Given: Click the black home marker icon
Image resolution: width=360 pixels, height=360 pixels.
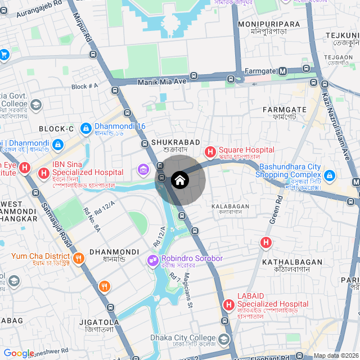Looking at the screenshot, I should (x=179, y=180).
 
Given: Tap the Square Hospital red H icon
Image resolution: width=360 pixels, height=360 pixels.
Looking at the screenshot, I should (x=210, y=152).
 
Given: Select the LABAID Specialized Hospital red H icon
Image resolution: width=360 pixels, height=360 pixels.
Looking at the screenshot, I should (x=229, y=305).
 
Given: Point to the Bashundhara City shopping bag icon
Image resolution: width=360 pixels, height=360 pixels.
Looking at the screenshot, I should (x=330, y=176).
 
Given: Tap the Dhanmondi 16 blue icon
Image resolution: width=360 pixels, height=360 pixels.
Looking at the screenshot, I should (x=85, y=129).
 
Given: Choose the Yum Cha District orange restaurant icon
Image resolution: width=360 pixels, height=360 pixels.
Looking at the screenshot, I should (x=78, y=259).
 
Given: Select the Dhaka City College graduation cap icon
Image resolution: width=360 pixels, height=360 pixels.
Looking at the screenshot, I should (x=224, y=340).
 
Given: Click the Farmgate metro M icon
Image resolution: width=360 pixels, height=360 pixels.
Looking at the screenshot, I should (x=283, y=71).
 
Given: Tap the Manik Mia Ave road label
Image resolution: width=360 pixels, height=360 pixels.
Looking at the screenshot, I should (x=161, y=82).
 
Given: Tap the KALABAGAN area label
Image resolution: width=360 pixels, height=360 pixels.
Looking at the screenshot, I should (x=230, y=206).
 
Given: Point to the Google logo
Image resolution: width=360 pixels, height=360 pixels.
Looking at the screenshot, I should (x=19, y=353).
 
